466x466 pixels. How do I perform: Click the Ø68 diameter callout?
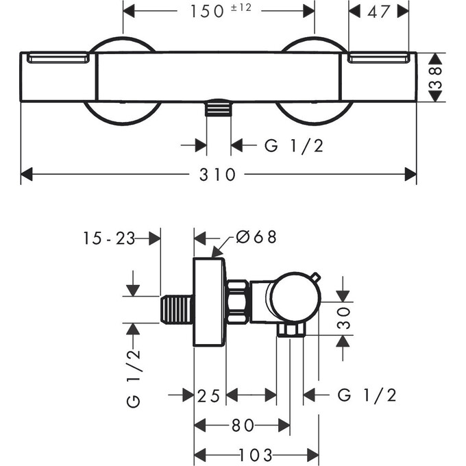[256, 237]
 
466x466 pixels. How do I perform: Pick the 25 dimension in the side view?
[209, 395]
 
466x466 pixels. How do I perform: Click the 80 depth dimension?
[241, 426]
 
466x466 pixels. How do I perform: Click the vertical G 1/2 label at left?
[134, 377]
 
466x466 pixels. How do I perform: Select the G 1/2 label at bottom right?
[367, 395]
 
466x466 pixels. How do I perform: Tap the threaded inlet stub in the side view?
[177, 311]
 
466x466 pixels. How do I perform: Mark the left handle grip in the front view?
[58, 60]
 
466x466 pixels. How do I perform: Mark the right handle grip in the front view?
[380, 60]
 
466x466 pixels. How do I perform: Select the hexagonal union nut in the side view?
[237, 302]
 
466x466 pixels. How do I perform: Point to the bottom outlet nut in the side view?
[291, 331]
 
